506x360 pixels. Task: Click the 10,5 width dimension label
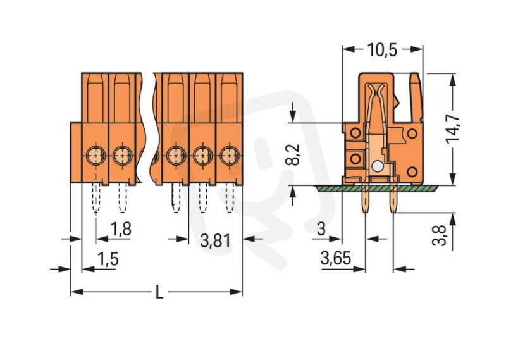click(x=382, y=49)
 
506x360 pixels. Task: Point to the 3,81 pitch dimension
click(x=215, y=240)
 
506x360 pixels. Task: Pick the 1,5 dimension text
click(x=107, y=258)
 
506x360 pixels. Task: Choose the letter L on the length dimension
click(x=159, y=293)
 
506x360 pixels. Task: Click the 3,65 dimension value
click(x=335, y=258)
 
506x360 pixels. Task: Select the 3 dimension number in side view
click(x=321, y=230)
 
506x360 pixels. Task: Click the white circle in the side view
click(x=377, y=166)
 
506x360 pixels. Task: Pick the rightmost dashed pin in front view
click(x=230, y=199)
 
